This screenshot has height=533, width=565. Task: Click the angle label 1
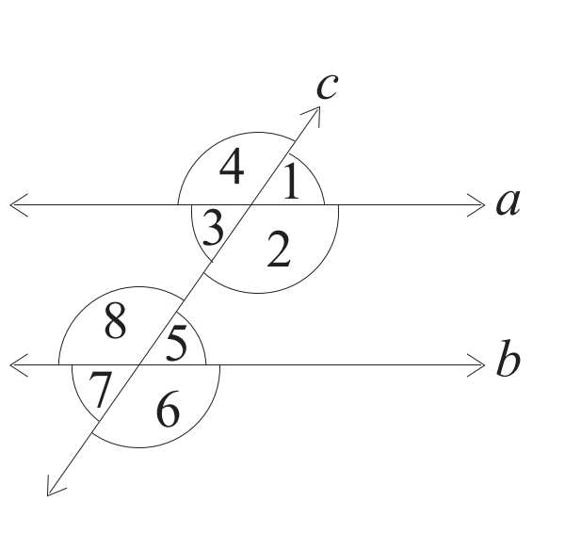pos(292,181)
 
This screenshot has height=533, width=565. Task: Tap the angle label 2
pos(279,250)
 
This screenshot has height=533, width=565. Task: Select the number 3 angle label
pos(213,228)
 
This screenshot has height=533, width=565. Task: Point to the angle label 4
pos(232,166)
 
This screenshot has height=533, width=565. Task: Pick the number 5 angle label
pos(177,343)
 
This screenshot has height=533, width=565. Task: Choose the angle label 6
pos(168,409)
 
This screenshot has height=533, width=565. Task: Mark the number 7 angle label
pos(100,390)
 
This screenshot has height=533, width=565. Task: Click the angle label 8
pos(115,320)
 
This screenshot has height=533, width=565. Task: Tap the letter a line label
pos(508,202)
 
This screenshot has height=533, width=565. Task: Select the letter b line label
pos(508,358)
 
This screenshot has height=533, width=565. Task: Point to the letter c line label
pos(327,87)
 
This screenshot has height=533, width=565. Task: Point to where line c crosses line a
pos(251,205)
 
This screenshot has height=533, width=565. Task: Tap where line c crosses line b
pos(139,365)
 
